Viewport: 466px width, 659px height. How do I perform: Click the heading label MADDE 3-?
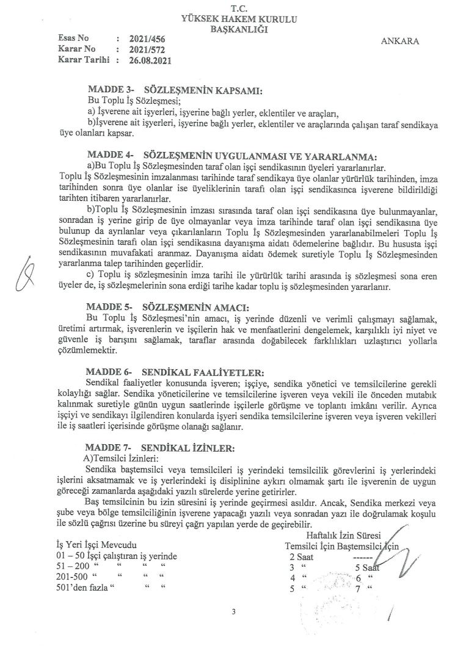111,91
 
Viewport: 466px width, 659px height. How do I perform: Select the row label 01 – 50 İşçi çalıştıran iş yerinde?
116,556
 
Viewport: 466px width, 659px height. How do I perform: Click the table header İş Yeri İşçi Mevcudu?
95,544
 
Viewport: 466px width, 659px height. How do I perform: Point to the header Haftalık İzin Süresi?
343,535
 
